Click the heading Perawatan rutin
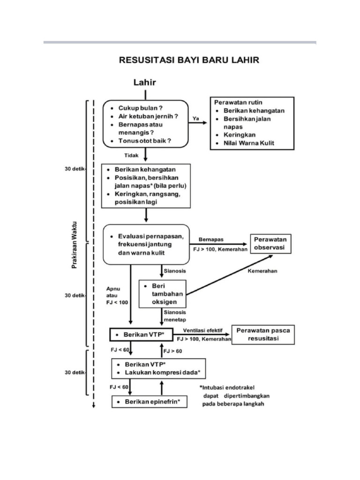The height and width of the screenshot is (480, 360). pyautogui.click(x=238, y=102)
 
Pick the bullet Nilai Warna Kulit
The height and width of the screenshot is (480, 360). pyautogui.click(x=248, y=143)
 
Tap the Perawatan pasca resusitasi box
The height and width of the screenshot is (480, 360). pyautogui.click(x=263, y=334)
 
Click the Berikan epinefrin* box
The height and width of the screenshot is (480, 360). pyautogui.click(x=149, y=402)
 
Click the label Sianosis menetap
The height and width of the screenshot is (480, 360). pyautogui.click(x=174, y=315)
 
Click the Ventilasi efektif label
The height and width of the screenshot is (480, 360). pyautogui.click(x=202, y=330)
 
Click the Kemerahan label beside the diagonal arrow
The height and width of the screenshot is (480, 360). pyautogui.click(x=262, y=271)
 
